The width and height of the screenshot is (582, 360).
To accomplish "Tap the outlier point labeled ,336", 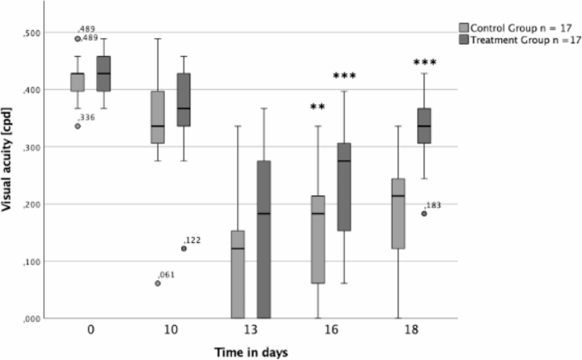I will [x=77, y=126].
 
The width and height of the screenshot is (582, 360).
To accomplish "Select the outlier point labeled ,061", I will [x=158, y=283].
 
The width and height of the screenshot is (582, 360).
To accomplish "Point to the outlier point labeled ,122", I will [x=184, y=248].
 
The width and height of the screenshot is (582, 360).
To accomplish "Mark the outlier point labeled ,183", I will [x=424, y=213].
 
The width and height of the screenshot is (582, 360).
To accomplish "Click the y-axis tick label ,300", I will [x=31, y=147].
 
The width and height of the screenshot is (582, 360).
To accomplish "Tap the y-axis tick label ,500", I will [x=31, y=32].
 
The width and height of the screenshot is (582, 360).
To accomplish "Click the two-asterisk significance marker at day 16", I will [x=318, y=108].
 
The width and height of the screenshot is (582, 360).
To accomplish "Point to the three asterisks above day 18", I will [x=424, y=64].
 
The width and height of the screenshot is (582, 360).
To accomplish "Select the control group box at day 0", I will [x=77, y=82].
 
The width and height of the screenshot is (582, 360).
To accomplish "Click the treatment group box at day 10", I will [x=184, y=99].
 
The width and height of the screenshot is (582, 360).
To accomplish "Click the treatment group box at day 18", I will [x=424, y=126].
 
